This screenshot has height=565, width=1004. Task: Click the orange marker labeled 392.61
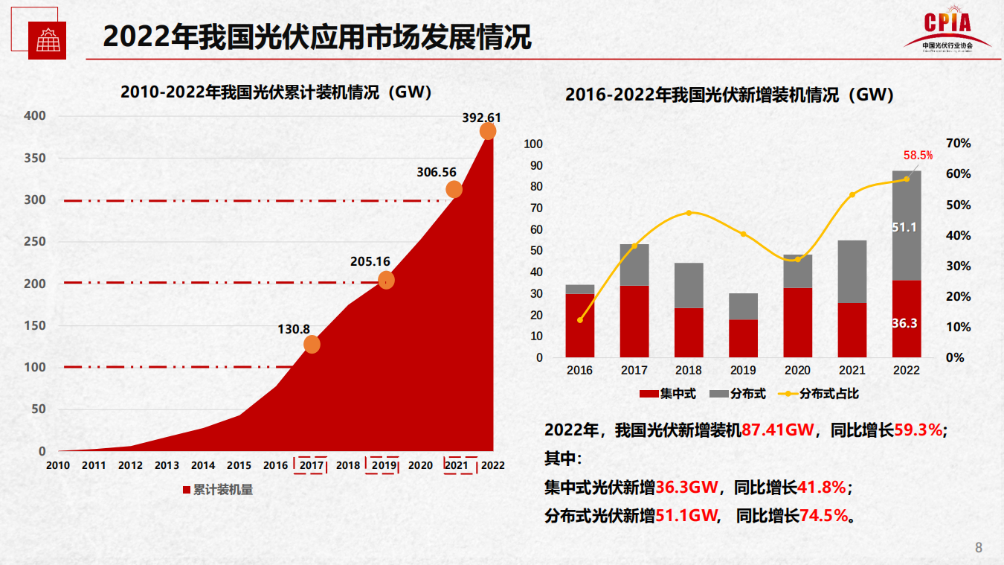pyautogui.click(x=488, y=132)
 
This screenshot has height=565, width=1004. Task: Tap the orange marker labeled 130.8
pyautogui.click(x=312, y=345)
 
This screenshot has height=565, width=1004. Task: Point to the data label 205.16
pyautogui.click(x=370, y=262)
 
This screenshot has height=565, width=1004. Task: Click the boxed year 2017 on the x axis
pyautogui.click(x=311, y=466)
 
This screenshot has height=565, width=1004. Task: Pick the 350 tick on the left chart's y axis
pyautogui.click(x=35, y=158)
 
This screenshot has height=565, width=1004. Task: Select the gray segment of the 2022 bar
pyautogui.click(x=907, y=226)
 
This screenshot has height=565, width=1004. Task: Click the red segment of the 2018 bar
pyautogui.click(x=689, y=333)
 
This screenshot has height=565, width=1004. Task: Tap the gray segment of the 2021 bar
pyautogui.click(x=852, y=272)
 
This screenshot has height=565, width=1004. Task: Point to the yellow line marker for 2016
pyautogui.click(x=580, y=320)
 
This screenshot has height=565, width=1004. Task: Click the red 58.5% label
pyautogui.click(x=918, y=156)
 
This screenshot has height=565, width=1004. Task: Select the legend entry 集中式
pyautogui.click(x=668, y=395)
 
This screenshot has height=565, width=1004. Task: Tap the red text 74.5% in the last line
pyautogui.click(x=824, y=515)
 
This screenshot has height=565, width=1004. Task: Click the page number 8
pyautogui.click(x=979, y=548)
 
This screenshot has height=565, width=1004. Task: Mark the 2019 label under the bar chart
pyautogui.click(x=743, y=370)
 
